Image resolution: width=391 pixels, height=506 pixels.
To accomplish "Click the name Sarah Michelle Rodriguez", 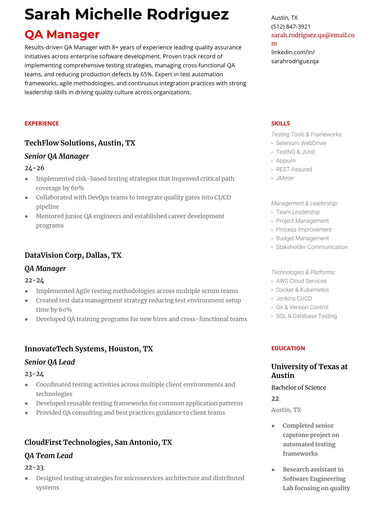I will [x=126, y=14].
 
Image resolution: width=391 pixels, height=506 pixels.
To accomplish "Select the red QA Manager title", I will [x=62, y=34].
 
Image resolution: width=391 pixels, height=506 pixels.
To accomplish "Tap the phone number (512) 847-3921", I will [x=291, y=27].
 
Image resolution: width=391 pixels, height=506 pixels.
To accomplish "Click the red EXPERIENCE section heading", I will [x=42, y=124].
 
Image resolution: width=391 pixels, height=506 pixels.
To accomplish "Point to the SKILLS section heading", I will [x=280, y=124].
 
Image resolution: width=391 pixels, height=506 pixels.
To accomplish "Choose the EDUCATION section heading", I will [x=288, y=349].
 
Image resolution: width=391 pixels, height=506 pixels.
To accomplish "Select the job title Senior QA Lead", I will [x=50, y=362].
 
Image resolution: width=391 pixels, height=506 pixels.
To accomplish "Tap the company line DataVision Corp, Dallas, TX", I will [x=73, y=255].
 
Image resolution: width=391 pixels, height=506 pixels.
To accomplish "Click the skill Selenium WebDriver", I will [x=301, y=143].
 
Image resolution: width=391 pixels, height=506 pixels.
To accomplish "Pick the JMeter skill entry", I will [x=285, y=178].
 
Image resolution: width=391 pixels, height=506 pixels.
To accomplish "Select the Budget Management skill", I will [x=302, y=238].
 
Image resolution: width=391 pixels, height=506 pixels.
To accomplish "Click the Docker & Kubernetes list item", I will [x=302, y=290].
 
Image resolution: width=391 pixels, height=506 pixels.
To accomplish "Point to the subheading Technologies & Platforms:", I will [x=303, y=272].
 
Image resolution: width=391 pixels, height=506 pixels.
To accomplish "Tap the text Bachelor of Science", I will [x=298, y=387].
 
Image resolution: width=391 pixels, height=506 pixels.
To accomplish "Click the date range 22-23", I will [x=34, y=468].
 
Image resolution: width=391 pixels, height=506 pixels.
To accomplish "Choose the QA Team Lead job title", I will [x=49, y=456].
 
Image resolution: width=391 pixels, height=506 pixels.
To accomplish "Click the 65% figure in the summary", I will [x=146, y=74].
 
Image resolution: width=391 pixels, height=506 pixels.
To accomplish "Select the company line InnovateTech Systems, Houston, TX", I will [x=88, y=349].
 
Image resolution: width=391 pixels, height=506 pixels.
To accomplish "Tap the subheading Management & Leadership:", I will [x=304, y=203].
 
